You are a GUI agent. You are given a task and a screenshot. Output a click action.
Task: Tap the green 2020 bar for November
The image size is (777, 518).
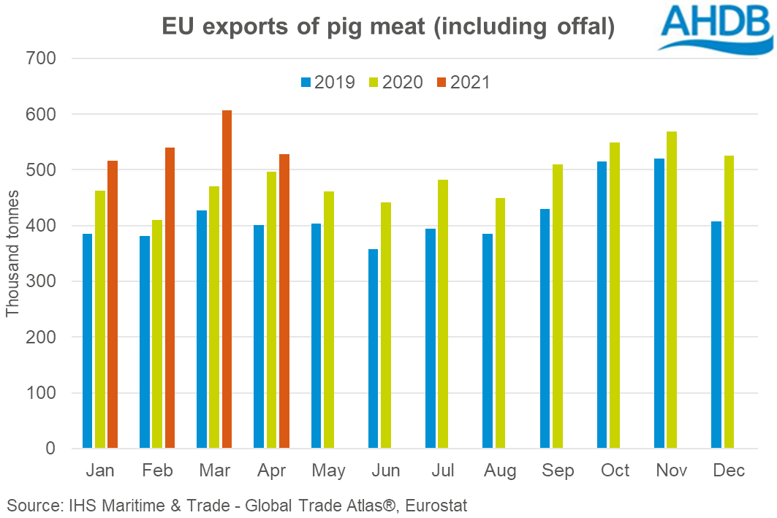coord(671,289)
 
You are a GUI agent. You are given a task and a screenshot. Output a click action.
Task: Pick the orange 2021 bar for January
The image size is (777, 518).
coord(112,304)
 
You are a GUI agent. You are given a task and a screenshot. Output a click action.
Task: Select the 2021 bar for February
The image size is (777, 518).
coord(170,297)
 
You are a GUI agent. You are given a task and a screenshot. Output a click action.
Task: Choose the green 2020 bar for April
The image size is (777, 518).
coord(271,310)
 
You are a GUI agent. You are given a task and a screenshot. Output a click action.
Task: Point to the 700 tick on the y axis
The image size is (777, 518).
coord(42,58)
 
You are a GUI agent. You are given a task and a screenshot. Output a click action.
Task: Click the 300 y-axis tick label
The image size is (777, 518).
coord(42,281)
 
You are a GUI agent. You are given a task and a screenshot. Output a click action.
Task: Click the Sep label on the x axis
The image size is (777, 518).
coord(557,471)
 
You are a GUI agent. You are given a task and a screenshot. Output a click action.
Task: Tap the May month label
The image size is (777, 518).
coord(328,471)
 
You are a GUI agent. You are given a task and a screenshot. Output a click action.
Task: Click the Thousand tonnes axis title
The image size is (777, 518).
coord(12,253)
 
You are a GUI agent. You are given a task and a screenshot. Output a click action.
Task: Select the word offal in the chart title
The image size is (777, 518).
coord(582,27)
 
